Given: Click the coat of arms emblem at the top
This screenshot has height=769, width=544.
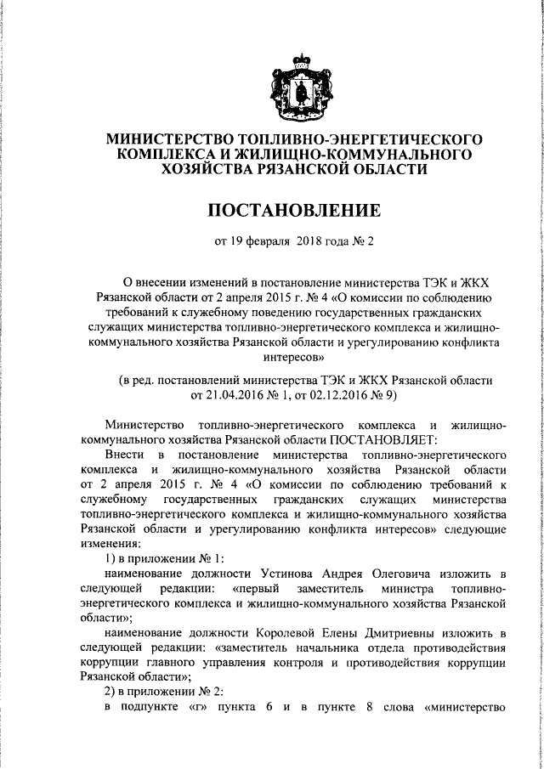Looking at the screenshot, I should pos(296,86).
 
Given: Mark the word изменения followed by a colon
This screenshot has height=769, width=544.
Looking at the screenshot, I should pos(109,544).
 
